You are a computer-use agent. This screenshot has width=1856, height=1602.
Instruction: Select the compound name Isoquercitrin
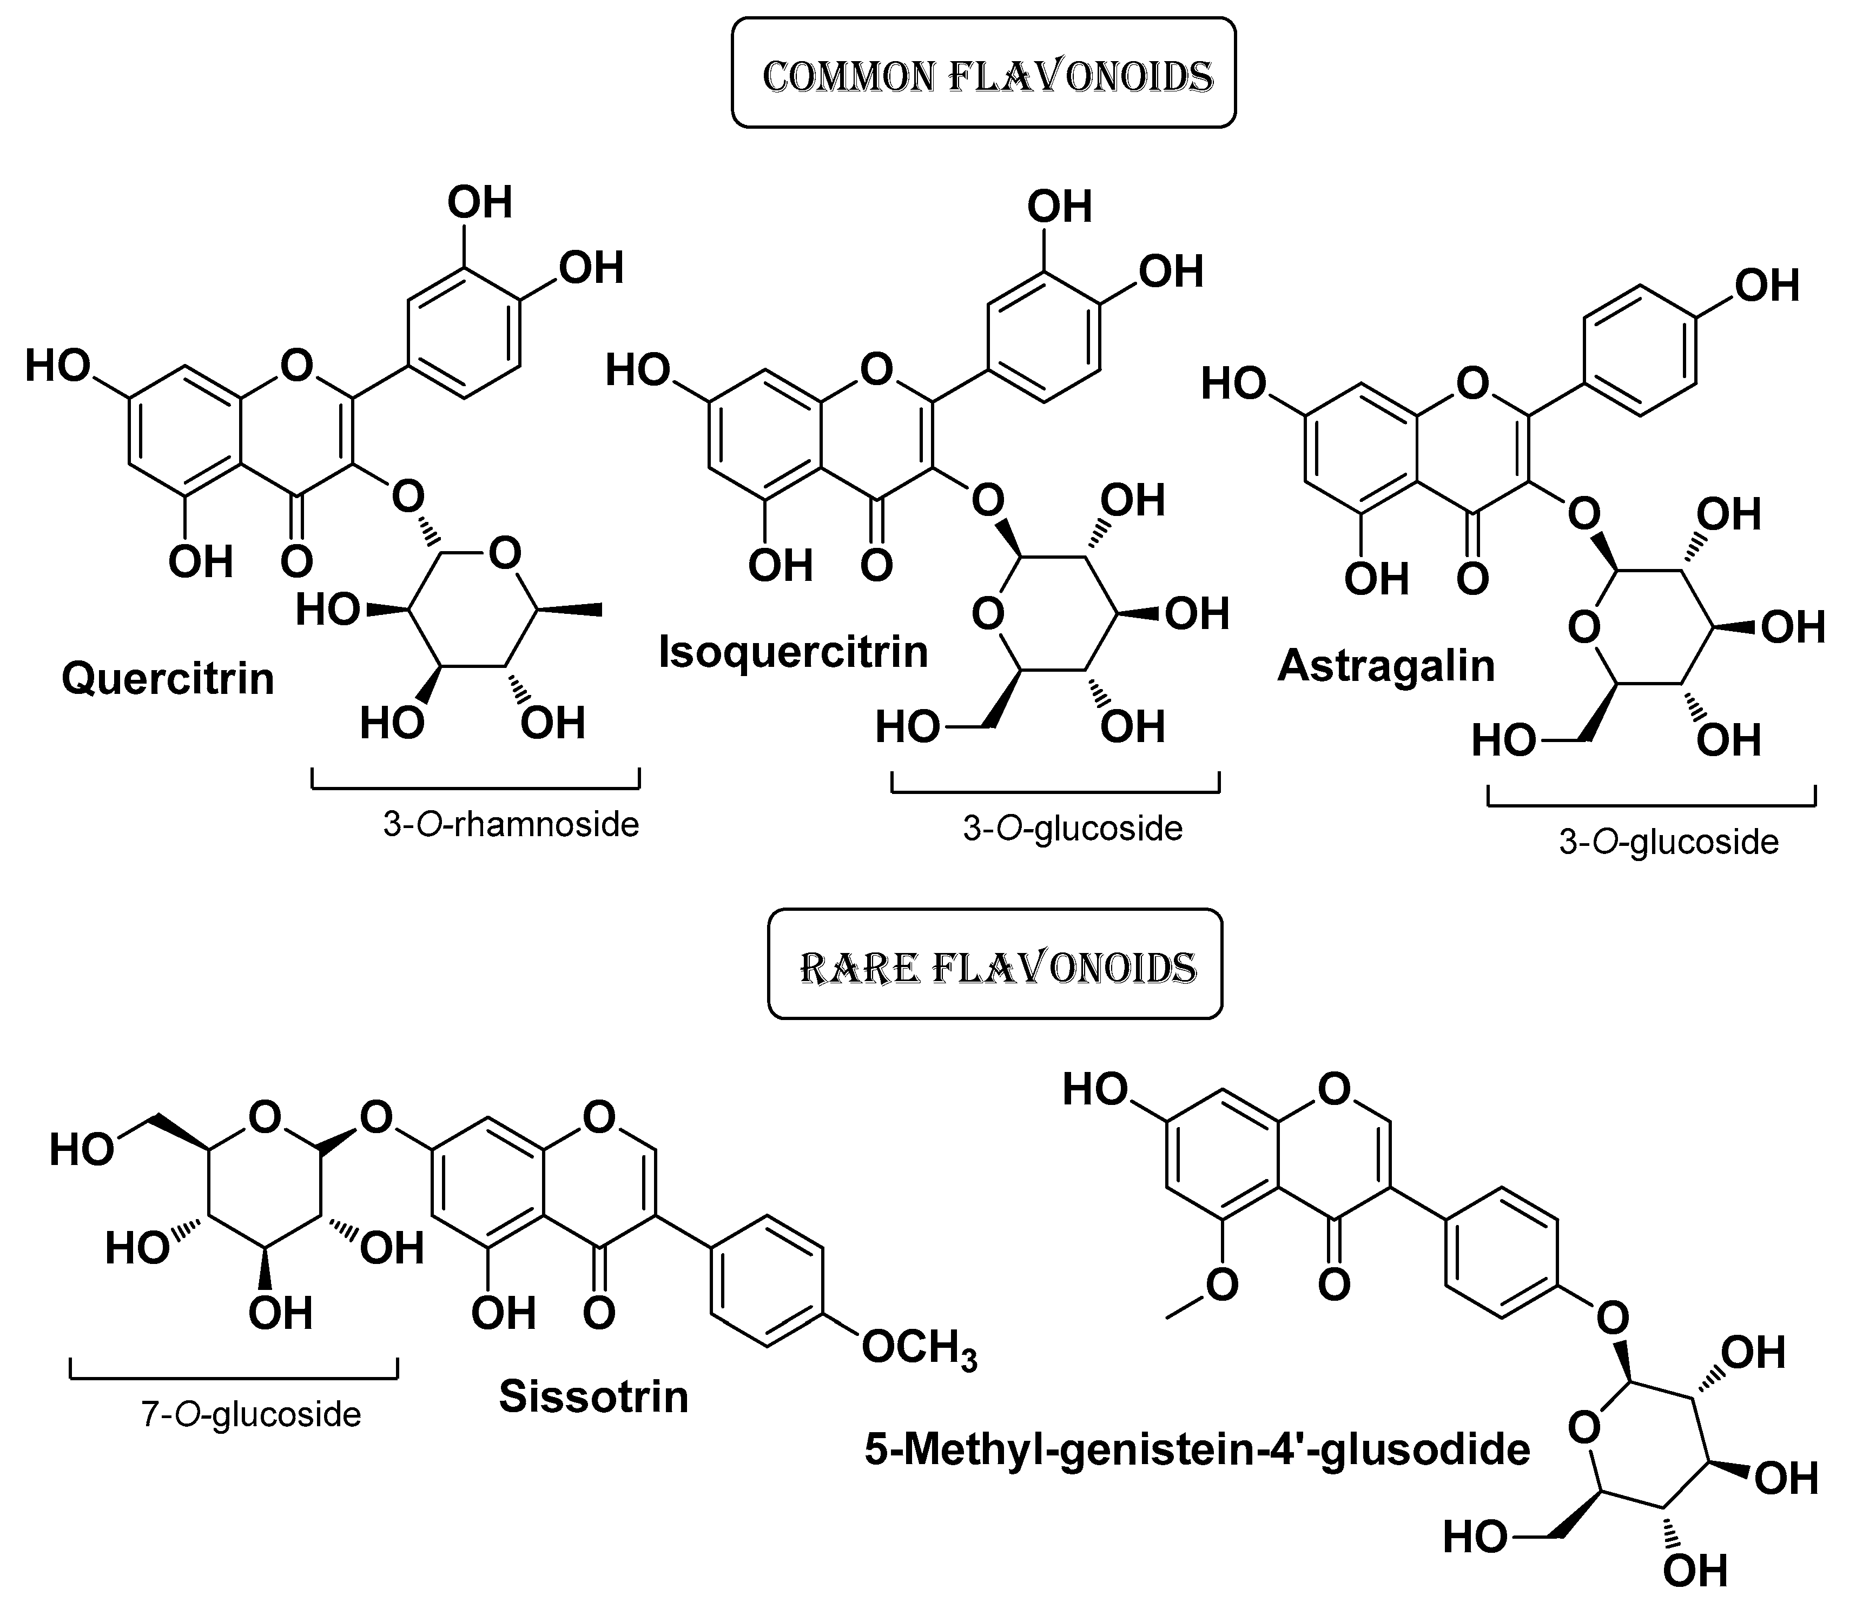pos(792,651)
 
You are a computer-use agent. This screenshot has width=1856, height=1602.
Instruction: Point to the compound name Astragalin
pos(1386,665)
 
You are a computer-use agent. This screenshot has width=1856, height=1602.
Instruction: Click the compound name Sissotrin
pos(593,1395)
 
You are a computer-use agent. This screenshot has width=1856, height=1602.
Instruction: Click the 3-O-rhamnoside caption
pos(511,824)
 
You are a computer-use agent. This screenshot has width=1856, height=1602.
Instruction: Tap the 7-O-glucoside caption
pos(251,1414)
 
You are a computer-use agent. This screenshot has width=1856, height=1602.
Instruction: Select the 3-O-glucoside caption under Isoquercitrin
pos(1072,828)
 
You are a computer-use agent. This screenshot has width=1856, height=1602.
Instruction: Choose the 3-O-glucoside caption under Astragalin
pos(1668,842)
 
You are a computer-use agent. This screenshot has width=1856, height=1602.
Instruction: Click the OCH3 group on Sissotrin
pos(918,1348)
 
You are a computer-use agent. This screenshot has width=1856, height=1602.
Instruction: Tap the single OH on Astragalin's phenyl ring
pos(1766,287)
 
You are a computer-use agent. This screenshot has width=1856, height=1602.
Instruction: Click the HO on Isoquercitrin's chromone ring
pos(638,370)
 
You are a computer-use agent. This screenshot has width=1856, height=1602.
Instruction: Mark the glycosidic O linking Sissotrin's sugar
pos(376,1117)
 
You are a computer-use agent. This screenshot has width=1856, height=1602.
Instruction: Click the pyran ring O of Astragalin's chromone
pos(1472,383)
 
